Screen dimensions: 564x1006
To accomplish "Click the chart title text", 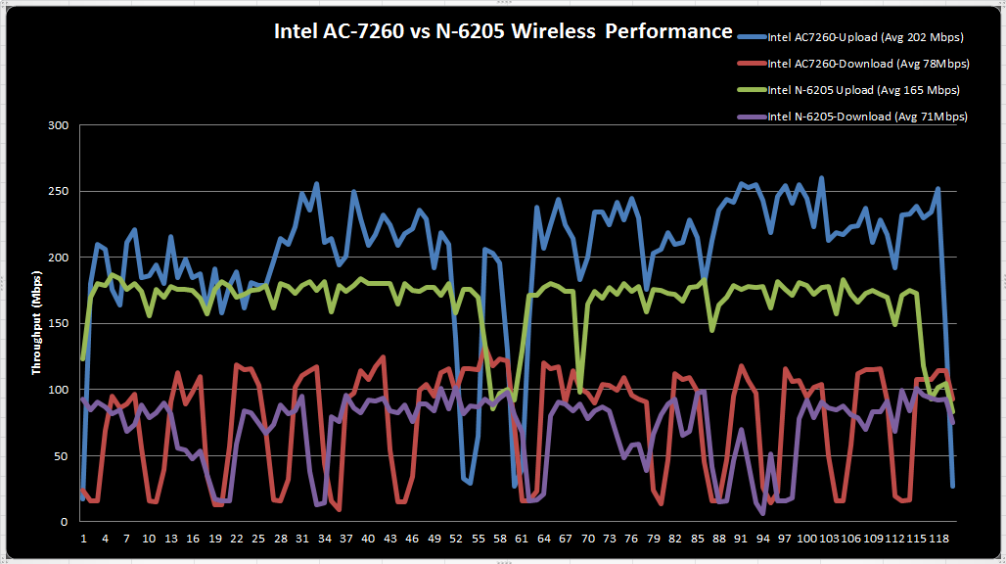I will [502, 31].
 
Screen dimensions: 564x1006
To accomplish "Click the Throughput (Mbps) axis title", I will [38, 324].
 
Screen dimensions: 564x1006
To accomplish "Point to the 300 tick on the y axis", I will [59, 125].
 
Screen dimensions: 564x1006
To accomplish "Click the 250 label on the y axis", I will [59, 192].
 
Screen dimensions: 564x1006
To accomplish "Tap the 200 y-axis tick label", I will [59, 258].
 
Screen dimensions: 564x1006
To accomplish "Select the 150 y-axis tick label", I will [59, 324].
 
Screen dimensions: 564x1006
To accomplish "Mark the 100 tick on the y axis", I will [59, 390].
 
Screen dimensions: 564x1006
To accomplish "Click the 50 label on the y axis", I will [62, 456].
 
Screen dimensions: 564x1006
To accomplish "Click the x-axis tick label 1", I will [83, 539].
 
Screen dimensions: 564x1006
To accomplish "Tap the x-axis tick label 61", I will [522, 539].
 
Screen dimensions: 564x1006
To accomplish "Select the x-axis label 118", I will [937, 539].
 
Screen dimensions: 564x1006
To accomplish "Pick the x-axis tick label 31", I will [302, 539].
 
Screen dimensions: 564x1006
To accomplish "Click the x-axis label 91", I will [741, 539].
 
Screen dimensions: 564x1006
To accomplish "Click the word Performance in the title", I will [668, 31].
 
